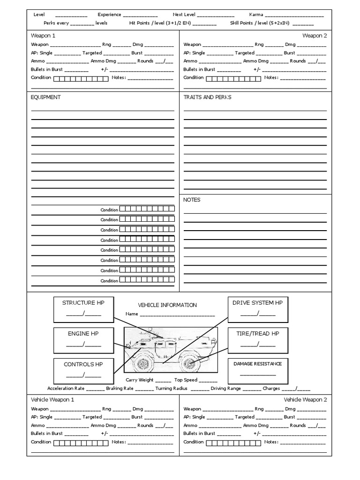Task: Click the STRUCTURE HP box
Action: pyautogui.click(x=83, y=309)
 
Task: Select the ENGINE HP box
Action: pyautogui.click(x=83, y=340)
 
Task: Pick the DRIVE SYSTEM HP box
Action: pyautogui.click(x=257, y=309)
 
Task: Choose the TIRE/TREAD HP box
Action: pyautogui.click(x=257, y=340)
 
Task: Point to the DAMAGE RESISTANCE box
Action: pyautogui.click(x=257, y=370)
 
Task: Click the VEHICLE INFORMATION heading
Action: pyautogui.click(x=167, y=305)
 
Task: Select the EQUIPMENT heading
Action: pyautogui.click(x=45, y=97)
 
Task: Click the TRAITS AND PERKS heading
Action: pyautogui.click(x=207, y=97)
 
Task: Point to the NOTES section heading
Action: pyautogui.click(x=192, y=200)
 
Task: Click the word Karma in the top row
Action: pyautogui.click(x=256, y=15)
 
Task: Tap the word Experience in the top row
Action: pyautogui.click(x=109, y=15)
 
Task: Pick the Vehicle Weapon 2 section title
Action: pyautogui.click(x=305, y=400)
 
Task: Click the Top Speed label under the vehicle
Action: pyautogui.click(x=186, y=380)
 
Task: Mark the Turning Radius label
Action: pyautogui.click(x=171, y=389)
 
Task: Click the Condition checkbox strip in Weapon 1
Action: pyautogui.click(x=81, y=78)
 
